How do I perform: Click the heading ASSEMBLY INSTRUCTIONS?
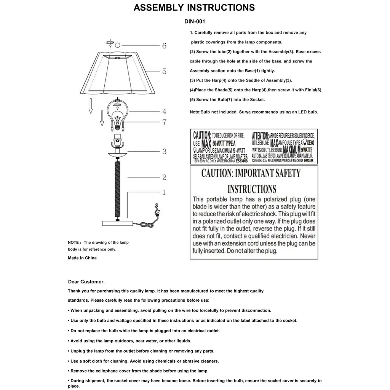pyautogui.click(x=194, y=8)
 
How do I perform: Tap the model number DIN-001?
pyautogui.click(x=195, y=22)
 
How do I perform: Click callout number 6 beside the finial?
pyautogui.click(x=164, y=46)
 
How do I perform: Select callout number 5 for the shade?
pyautogui.click(x=164, y=71)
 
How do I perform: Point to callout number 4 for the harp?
pyautogui.click(x=164, y=111)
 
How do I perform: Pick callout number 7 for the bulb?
pyautogui.click(x=164, y=122)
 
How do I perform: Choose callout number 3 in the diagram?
pyautogui.click(x=164, y=151)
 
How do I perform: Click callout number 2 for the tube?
pyautogui.click(x=164, y=177)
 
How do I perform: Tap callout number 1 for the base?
pyautogui.click(x=164, y=192)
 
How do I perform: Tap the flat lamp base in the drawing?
pyautogui.click(x=117, y=222)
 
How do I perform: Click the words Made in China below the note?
pyautogui.click(x=82, y=258)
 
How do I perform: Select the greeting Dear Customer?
pyautogui.click(x=86, y=282)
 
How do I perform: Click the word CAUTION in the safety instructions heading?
pyautogui.click(x=216, y=174)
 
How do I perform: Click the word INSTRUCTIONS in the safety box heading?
pyautogui.click(x=252, y=189)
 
